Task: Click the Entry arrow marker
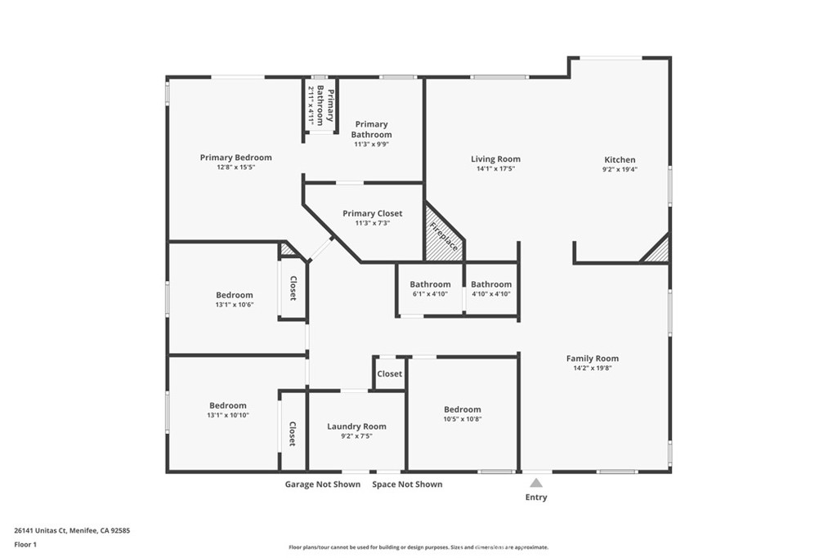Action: coord(536,483)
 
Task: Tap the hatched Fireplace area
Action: coord(441,237)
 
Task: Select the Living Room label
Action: coord(495,159)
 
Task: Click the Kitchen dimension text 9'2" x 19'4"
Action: coord(620,170)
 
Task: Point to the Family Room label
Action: coord(593,358)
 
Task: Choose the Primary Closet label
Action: coord(372,213)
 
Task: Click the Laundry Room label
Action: coord(356,426)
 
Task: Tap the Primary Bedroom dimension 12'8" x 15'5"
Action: coord(235,167)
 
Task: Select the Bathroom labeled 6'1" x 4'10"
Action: coord(430,284)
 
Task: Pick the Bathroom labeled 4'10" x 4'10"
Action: coord(490,284)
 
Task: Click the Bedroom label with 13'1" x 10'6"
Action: coord(235,295)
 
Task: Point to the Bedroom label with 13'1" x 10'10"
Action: coord(227,405)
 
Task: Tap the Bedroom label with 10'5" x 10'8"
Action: coord(462,409)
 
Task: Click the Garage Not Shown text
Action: coord(322,484)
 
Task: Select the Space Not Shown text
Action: coord(407,484)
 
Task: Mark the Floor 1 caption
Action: coord(25,543)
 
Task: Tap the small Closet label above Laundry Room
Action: coord(389,373)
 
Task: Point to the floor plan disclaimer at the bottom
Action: coord(418,547)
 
